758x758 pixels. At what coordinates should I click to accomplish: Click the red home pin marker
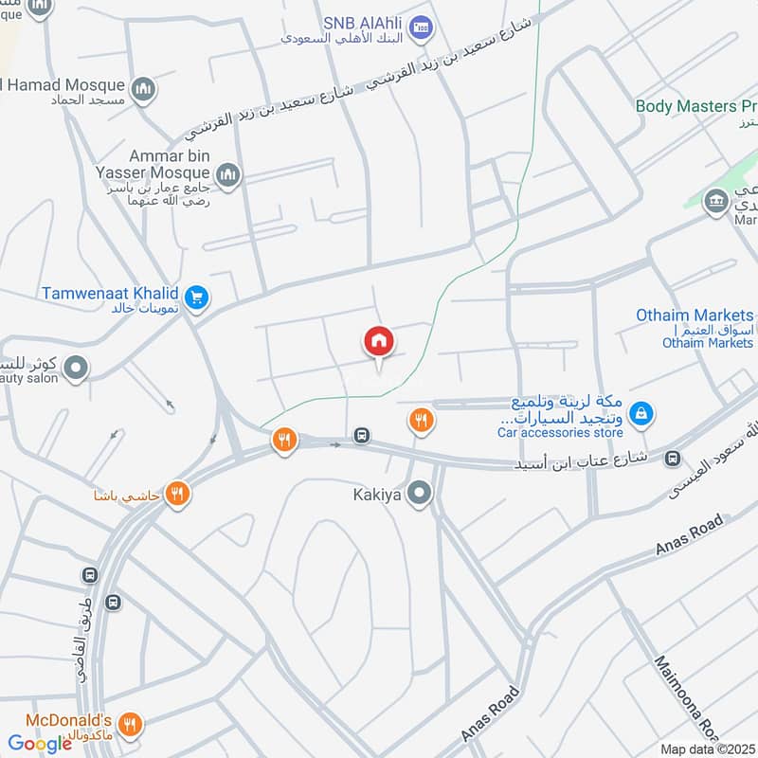tap(378, 342)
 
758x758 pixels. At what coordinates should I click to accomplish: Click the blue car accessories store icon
tap(641, 413)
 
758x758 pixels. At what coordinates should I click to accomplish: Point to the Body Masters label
tap(695, 107)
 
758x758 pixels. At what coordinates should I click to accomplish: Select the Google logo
tap(40, 744)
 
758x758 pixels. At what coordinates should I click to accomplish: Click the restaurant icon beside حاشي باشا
tap(176, 494)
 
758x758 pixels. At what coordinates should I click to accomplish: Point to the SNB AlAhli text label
tap(362, 22)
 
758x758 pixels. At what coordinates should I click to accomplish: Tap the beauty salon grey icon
tap(77, 367)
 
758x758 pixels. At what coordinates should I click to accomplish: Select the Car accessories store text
tap(560, 433)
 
